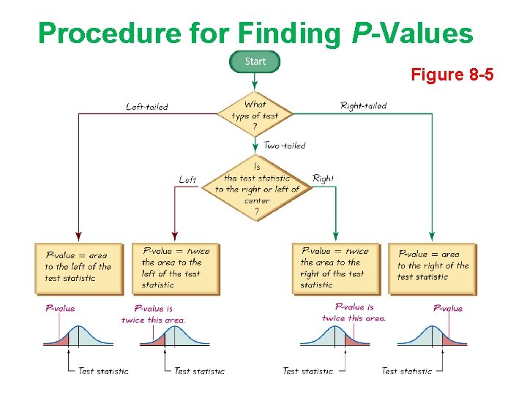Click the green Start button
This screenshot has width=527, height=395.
pyautogui.click(x=255, y=61)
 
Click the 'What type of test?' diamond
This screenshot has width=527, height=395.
pyautogui.click(x=255, y=115)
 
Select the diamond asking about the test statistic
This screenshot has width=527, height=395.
pyautogui.click(x=257, y=189)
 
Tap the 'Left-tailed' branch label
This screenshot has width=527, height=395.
pyautogui.click(x=146, y=107)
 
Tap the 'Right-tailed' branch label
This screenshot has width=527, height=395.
pyautogui.click(x=363, y=106)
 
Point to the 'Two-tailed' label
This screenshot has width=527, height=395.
pyautogui.click(x=285, y=146)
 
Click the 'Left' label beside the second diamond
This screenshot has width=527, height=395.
pyautogui.click(x=187, y=179)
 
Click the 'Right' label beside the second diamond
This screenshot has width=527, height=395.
pyautogui.click(x=323, y=178)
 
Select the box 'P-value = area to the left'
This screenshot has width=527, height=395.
pyautogui.click(x=78, y=268)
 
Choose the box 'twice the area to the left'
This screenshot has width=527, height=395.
pyautogui.click(x=176, y=268)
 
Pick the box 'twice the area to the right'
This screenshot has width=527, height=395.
pyautogui.click(x=334, y=268)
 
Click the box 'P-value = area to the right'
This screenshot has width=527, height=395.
pyautogui.click(x=433, y=268)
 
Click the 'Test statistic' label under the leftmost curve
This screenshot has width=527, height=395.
pyautogui.click(x=102, y=371)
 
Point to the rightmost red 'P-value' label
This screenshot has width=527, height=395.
pyautogui.click(x=447, y=309)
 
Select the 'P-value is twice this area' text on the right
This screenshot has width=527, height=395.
pyautogui.click(x=354, y=312)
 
